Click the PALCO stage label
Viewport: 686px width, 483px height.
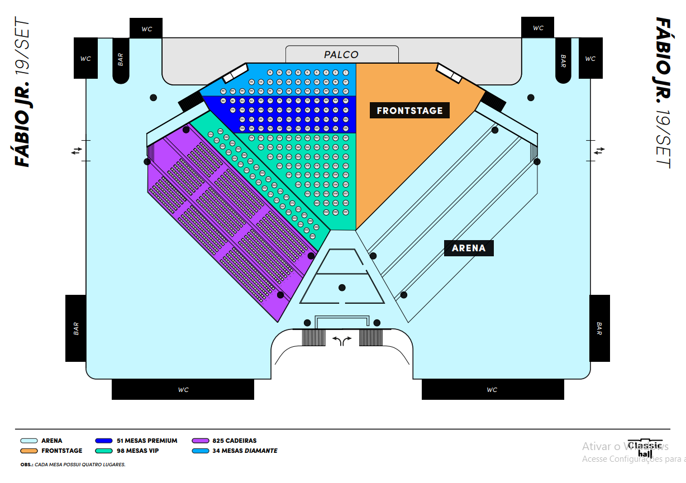(341, 55)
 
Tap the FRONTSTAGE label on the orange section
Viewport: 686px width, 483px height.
(409, 111)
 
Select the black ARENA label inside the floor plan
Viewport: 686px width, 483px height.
(469, 248)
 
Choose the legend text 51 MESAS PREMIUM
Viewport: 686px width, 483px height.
(147, 441)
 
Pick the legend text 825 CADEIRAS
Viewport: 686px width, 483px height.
(235, 441)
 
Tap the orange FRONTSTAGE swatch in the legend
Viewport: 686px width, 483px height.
(28, 451)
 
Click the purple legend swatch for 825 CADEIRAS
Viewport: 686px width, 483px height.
(200, 441)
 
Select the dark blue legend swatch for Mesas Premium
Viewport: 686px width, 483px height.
(105, 441)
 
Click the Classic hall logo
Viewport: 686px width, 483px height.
(645, 448)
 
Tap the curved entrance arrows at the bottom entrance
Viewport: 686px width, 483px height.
(342, 341)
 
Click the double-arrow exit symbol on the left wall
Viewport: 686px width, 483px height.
(77, 150)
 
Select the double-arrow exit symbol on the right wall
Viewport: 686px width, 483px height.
(599, 150)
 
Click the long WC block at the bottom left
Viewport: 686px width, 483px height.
(183, 390)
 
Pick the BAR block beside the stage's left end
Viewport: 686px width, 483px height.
(120, 60)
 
